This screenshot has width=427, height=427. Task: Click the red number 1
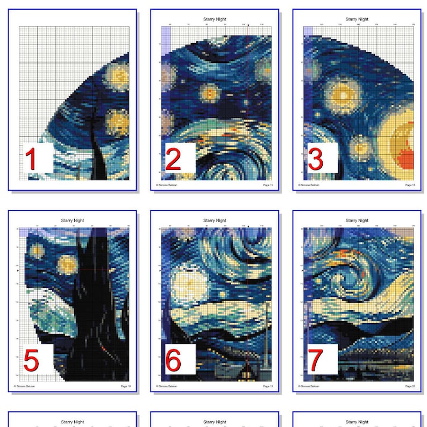[32, 160]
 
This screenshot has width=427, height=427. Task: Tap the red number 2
[173, 160]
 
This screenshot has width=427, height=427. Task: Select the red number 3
[315, 160]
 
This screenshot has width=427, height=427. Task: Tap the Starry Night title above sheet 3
[357, 19]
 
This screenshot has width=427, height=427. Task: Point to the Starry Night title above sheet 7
[357, 220]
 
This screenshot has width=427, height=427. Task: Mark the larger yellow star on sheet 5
[67, 264]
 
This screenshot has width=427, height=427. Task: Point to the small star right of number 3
[360, 145]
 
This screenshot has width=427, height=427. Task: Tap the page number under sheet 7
[410, 386]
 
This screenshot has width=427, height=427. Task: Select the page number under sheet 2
[268, 184]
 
